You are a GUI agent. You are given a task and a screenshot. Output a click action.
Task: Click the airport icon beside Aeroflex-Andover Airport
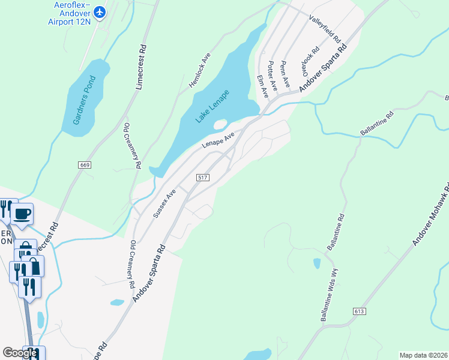[x=100, y=11]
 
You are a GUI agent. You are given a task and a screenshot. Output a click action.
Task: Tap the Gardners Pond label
[x=85, y=100]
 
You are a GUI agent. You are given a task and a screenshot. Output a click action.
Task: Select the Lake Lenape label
[x=212, y=107]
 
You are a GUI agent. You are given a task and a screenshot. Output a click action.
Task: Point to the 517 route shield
[x=202, y=178]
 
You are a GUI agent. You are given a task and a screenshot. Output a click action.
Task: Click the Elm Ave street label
[x=262, y=86]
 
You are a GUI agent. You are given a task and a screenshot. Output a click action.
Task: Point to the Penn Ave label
[x=285, y=72]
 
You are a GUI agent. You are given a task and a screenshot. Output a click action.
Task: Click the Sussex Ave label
[x=163, y=203]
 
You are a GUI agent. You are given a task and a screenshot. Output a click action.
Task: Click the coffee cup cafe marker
[x=22, y=214]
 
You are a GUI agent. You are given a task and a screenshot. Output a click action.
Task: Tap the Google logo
[x=20, y=353]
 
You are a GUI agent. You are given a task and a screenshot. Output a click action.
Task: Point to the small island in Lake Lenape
[x=220, y=124]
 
